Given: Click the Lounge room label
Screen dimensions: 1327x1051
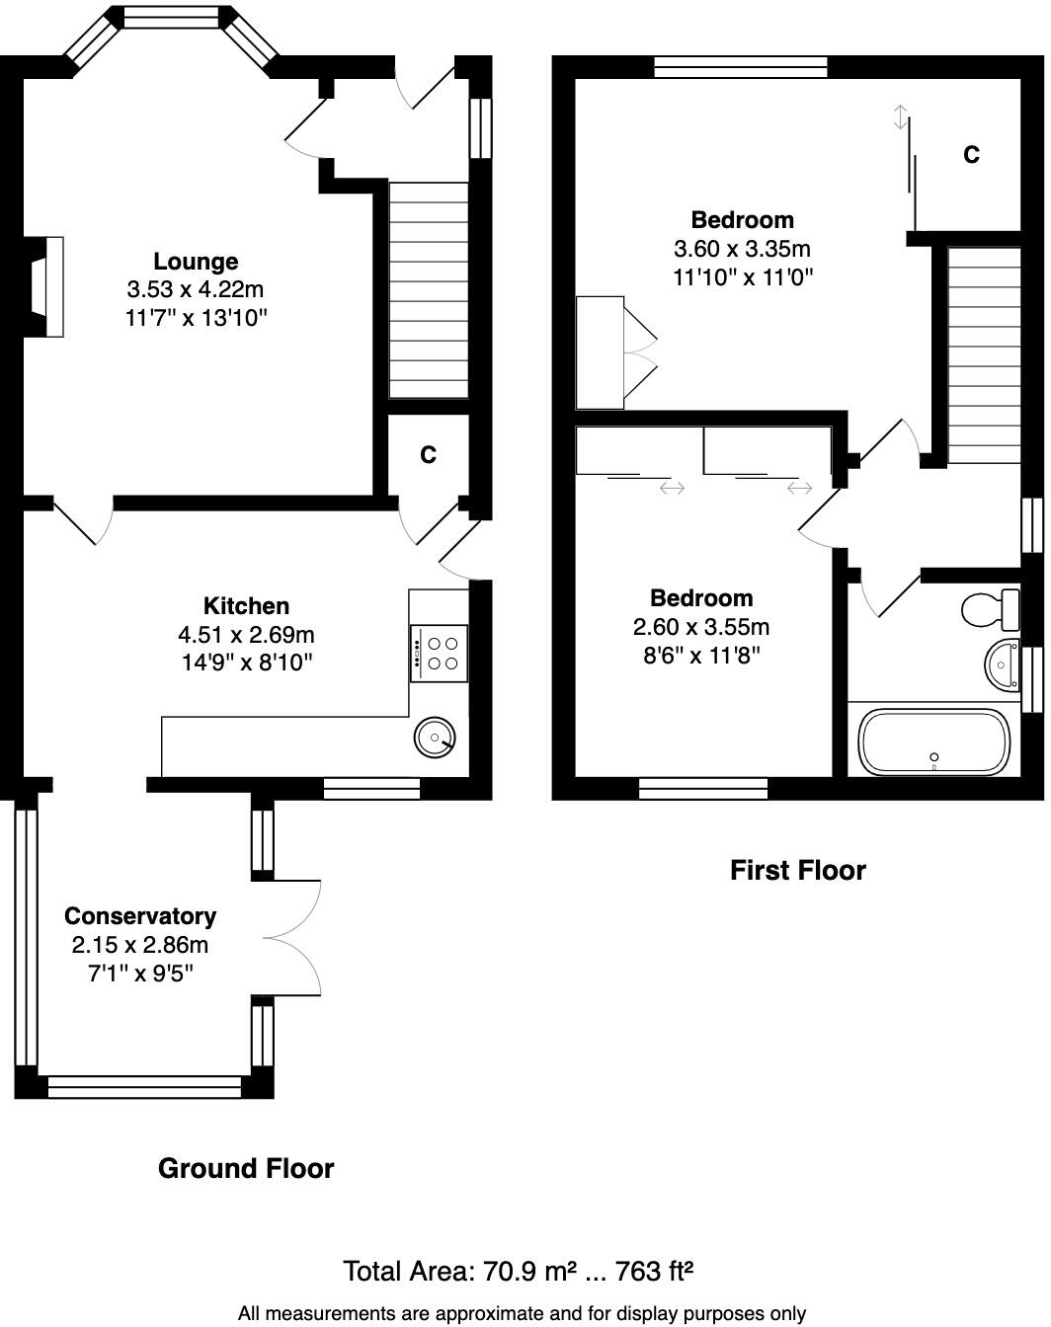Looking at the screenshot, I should (196, 262).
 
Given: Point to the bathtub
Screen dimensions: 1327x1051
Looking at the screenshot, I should (933, 742).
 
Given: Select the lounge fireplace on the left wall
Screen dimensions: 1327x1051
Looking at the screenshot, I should (45, 287).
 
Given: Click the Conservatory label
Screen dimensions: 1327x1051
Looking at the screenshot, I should (139, 916).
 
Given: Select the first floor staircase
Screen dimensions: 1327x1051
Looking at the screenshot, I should (984, 355).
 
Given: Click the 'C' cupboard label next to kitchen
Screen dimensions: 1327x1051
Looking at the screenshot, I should (428, 455).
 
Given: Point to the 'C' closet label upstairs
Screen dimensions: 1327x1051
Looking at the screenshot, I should (971, 155).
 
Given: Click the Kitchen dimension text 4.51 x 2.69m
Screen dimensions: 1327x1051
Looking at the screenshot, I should (246, 634).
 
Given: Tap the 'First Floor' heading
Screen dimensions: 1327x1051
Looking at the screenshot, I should (797, 871).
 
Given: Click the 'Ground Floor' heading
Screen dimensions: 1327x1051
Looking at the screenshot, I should (246, 1169).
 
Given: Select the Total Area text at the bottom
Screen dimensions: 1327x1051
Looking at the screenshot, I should (518, 1271).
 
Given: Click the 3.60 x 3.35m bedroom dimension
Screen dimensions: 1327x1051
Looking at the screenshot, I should (742, 249).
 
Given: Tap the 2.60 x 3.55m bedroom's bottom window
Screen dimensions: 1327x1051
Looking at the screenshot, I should (702, 788).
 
